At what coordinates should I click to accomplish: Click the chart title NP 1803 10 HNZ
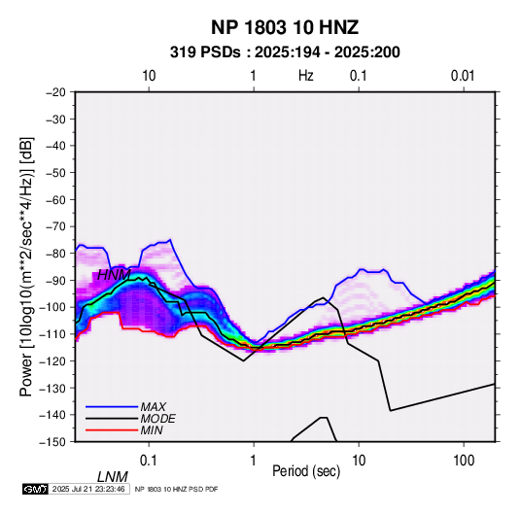[285, 27]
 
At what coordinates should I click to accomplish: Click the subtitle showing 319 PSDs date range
[285, 52]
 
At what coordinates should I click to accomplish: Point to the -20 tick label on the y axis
[55, 92]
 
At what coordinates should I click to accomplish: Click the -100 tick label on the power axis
[52, 307]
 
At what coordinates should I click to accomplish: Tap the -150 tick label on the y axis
[52, 442]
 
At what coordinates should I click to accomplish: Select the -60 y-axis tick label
[55, 199]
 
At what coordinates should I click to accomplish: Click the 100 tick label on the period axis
[464, 461]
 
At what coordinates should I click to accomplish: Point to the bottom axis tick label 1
[254, 461]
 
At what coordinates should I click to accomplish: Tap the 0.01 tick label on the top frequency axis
[463, 76]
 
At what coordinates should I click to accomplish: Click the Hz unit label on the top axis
[306, 76]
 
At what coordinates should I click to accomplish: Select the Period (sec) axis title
[306, 471]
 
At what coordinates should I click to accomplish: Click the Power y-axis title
[26, 267]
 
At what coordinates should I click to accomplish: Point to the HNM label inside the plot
[114, 275]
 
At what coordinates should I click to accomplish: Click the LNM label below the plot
[112, 477]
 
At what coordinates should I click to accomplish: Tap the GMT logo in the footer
[36, 489]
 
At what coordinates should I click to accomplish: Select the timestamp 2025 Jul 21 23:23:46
[88, 489]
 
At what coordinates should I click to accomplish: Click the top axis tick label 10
[149, 76]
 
